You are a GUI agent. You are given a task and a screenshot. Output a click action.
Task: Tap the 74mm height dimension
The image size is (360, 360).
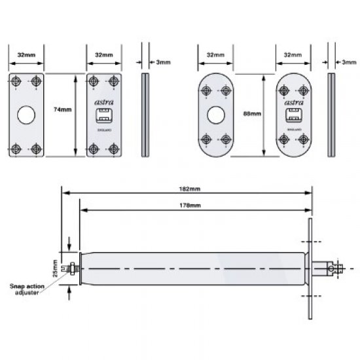(63, 110)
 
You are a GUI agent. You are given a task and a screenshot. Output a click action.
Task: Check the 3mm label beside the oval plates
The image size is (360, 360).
(350, 62)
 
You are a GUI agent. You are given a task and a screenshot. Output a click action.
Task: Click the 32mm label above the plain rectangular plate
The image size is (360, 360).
(26, 56)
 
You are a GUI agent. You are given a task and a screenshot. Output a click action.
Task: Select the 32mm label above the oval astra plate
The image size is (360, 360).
(292, 56)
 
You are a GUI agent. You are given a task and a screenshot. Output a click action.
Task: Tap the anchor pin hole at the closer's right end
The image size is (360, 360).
(338, 268)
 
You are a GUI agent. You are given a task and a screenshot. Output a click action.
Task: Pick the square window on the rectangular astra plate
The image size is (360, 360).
(104, 118)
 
